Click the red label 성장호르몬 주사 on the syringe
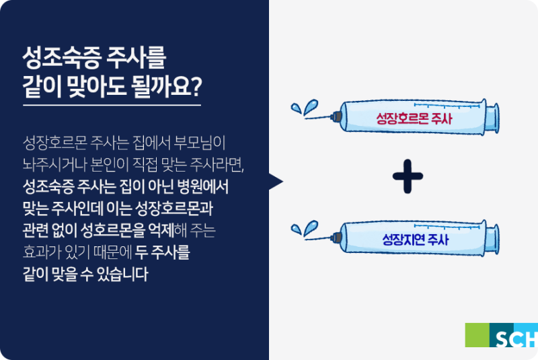[414, 118]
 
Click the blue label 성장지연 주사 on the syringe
[415, 239]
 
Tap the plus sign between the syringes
[408, 176]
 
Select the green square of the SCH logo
[477, 335]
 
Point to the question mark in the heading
[196, 86]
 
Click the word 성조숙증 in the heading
[62, 58]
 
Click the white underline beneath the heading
[112, 105]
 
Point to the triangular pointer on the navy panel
[276, 182]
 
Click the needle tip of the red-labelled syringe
[305, 118]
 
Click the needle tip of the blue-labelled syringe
[305, 239]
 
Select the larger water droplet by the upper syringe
[310, 107]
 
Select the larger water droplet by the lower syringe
[310, 228]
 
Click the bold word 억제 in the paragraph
[161, 230]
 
